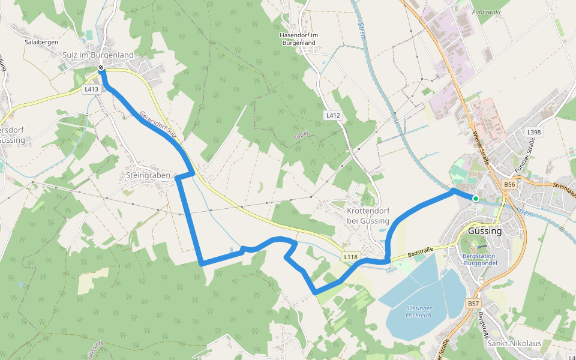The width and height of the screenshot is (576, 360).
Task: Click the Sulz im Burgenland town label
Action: (x=98, y=55)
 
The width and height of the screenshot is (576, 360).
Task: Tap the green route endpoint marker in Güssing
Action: (x=475, y=198)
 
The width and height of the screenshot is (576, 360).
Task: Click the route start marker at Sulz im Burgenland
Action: (x=101, y=68)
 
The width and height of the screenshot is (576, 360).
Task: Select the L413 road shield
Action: (x=91, y=89)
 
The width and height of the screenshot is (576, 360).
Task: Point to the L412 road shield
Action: (x=334, y=115)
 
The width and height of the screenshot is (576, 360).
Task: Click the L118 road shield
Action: (x=351, y=257)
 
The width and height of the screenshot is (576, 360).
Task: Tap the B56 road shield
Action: (x=510, y=184)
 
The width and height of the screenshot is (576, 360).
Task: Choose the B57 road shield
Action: (x=473, y=304)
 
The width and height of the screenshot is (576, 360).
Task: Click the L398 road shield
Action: (x=533, y=132)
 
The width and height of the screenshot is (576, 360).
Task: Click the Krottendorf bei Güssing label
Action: (x=368, y=216)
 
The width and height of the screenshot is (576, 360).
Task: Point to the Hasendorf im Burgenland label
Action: (x=298, y=39)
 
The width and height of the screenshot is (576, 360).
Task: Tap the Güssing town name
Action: (x=484, y=231)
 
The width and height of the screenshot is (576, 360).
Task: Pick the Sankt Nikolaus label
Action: (x=514, y=344)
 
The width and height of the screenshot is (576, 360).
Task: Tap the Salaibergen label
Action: (x=40, y=43)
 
